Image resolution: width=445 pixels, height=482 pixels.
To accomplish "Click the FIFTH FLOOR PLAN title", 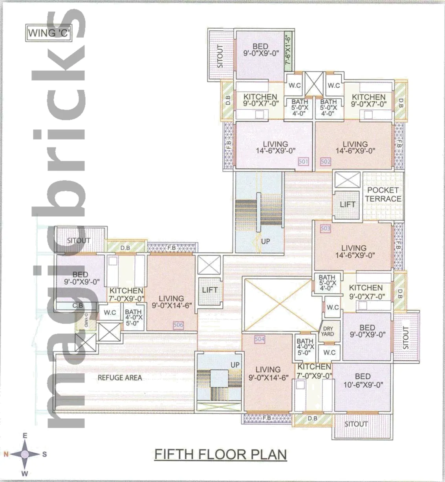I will pyautogui.click(x=220, y=454).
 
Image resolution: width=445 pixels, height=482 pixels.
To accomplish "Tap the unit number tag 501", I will pyautogui.click(x=303, y=161).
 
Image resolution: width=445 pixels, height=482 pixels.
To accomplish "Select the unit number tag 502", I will pyautogui.click(x=326, y=161).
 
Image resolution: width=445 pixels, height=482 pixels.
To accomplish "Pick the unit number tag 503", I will pyautogui.click(x=326, y=228).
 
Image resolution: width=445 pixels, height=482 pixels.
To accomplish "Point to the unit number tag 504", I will pyautogui.click(x=260, y=339).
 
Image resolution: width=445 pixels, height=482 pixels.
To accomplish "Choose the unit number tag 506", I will pyautogui.click(x=178, y=325).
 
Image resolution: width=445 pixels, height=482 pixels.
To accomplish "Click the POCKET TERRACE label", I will pyautogui.click(x=383, y=195).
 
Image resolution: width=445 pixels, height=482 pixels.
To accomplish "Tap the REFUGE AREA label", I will pyautogui.click(x=120, y=378).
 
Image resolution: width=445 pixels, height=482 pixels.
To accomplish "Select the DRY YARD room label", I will pyautogui.click(x=328, y=331).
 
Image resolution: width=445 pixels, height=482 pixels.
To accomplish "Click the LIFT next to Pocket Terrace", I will pyautogui.click(x=347, y=204).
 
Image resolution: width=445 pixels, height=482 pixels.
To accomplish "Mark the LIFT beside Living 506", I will pyautogui.click(x=210, y=290).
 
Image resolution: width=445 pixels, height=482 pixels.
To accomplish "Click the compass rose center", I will pyautogui.click(x=24, y=454).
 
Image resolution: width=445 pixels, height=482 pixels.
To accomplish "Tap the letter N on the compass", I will pyautogui.click(x=6, y=454).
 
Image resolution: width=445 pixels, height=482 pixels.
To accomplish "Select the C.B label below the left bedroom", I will pyautogui.click(x=78, y=305).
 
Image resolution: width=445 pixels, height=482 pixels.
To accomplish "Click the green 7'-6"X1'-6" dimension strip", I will pyautogui.click(x=288, y=52).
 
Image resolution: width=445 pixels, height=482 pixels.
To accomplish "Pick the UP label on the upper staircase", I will pyautogui.click(x=266, y=241).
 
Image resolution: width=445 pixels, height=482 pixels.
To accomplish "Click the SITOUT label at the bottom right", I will pyautogui.click(x=356, y=424).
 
